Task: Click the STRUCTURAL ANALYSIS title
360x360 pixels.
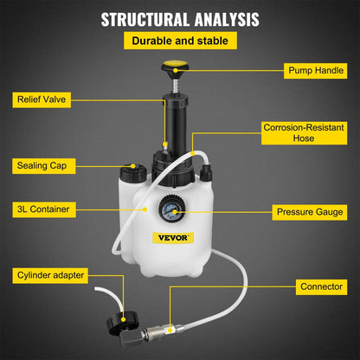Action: [179, 19]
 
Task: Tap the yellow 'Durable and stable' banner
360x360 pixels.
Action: [179, 41]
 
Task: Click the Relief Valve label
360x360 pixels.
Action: [45, 100]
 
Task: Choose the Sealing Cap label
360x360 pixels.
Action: [45, 164]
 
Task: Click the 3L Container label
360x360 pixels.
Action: [45, 209]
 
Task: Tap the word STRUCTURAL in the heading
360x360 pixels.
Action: [138, 19]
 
